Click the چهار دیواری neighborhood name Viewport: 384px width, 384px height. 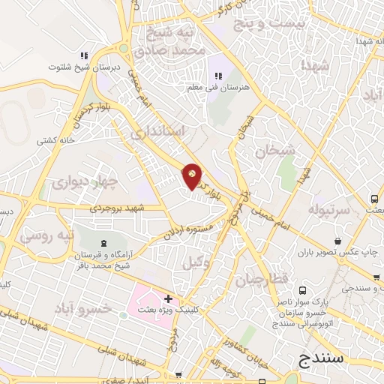click(86, 181)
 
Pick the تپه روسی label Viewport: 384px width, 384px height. click(46, 235)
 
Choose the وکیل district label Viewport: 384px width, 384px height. click(194, 262)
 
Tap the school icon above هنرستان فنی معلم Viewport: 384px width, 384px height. click(219, 76)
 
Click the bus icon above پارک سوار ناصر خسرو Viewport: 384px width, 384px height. click(302, 291)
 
